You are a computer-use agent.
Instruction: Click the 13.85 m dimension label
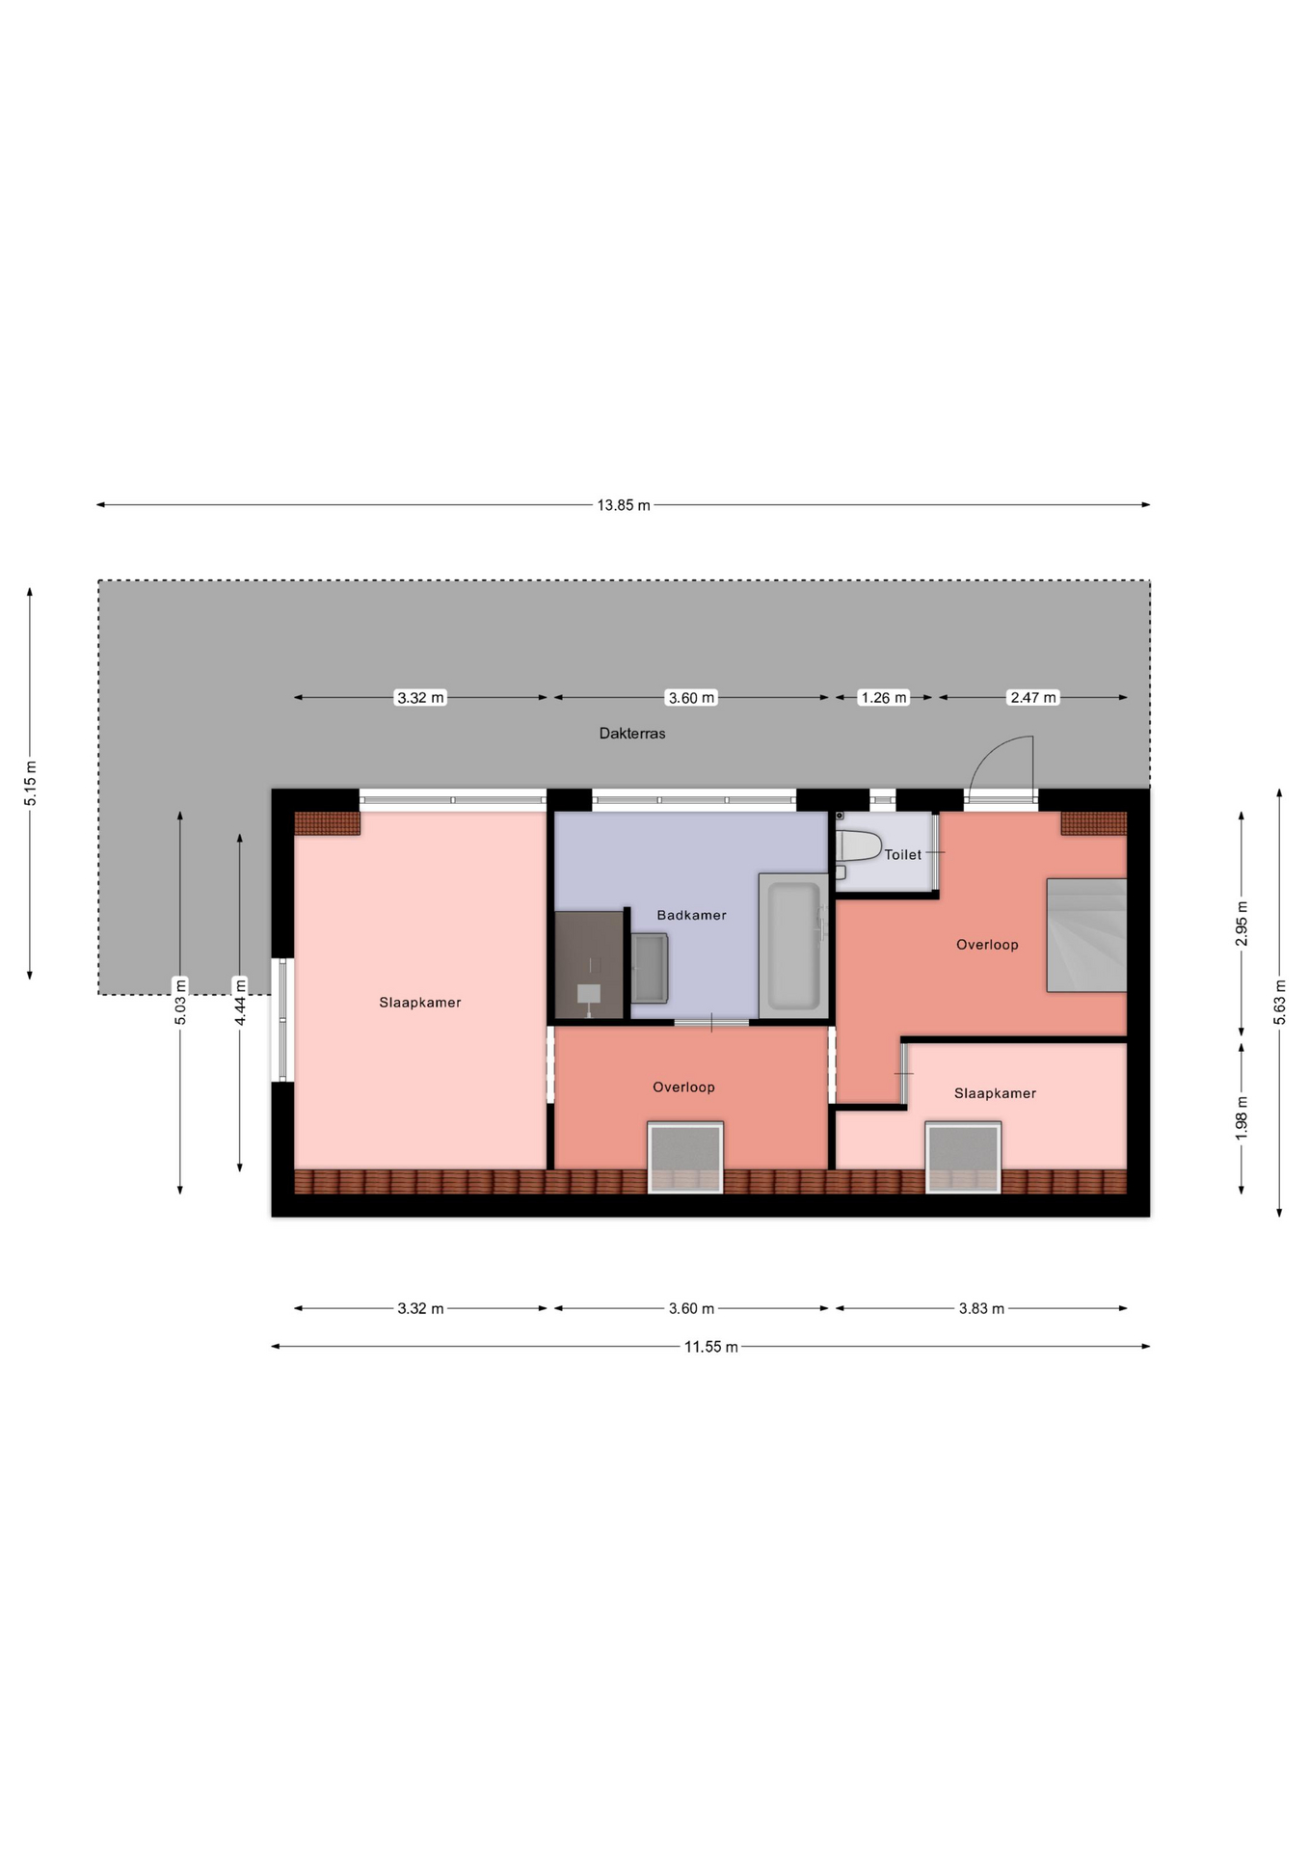pos(623,505)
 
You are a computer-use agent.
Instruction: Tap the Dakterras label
pos(632,734)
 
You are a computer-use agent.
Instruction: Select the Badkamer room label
pos(691,915)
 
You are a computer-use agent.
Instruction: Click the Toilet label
pos(902,854)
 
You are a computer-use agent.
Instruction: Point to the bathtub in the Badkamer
pos(793,946)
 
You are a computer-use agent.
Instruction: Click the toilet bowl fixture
pos(858,846)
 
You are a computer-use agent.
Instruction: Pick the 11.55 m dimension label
pos(711,1347)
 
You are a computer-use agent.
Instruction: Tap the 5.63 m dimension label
pos(1280,1003)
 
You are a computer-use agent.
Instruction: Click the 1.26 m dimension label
pos(883,698)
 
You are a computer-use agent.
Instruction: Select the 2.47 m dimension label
pos(1032,698)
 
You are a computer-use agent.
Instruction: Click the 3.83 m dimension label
pos(981,1309)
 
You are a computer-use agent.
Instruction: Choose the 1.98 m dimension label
pos(1242,1118)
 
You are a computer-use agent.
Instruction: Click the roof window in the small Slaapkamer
pos(963,1157)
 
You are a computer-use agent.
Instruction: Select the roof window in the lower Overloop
pos(685,1157)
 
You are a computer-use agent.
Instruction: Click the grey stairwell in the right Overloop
pos(1086,935)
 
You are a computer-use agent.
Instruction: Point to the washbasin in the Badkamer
pos(649,968)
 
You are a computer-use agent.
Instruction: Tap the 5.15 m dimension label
pos(30,783)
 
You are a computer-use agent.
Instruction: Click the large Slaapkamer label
pos(419,1003)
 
